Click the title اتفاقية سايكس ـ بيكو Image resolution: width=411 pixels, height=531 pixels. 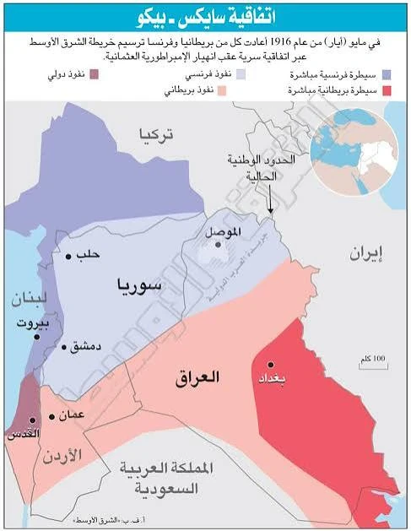point(205,17)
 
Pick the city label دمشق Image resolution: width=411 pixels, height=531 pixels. point(86,346)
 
